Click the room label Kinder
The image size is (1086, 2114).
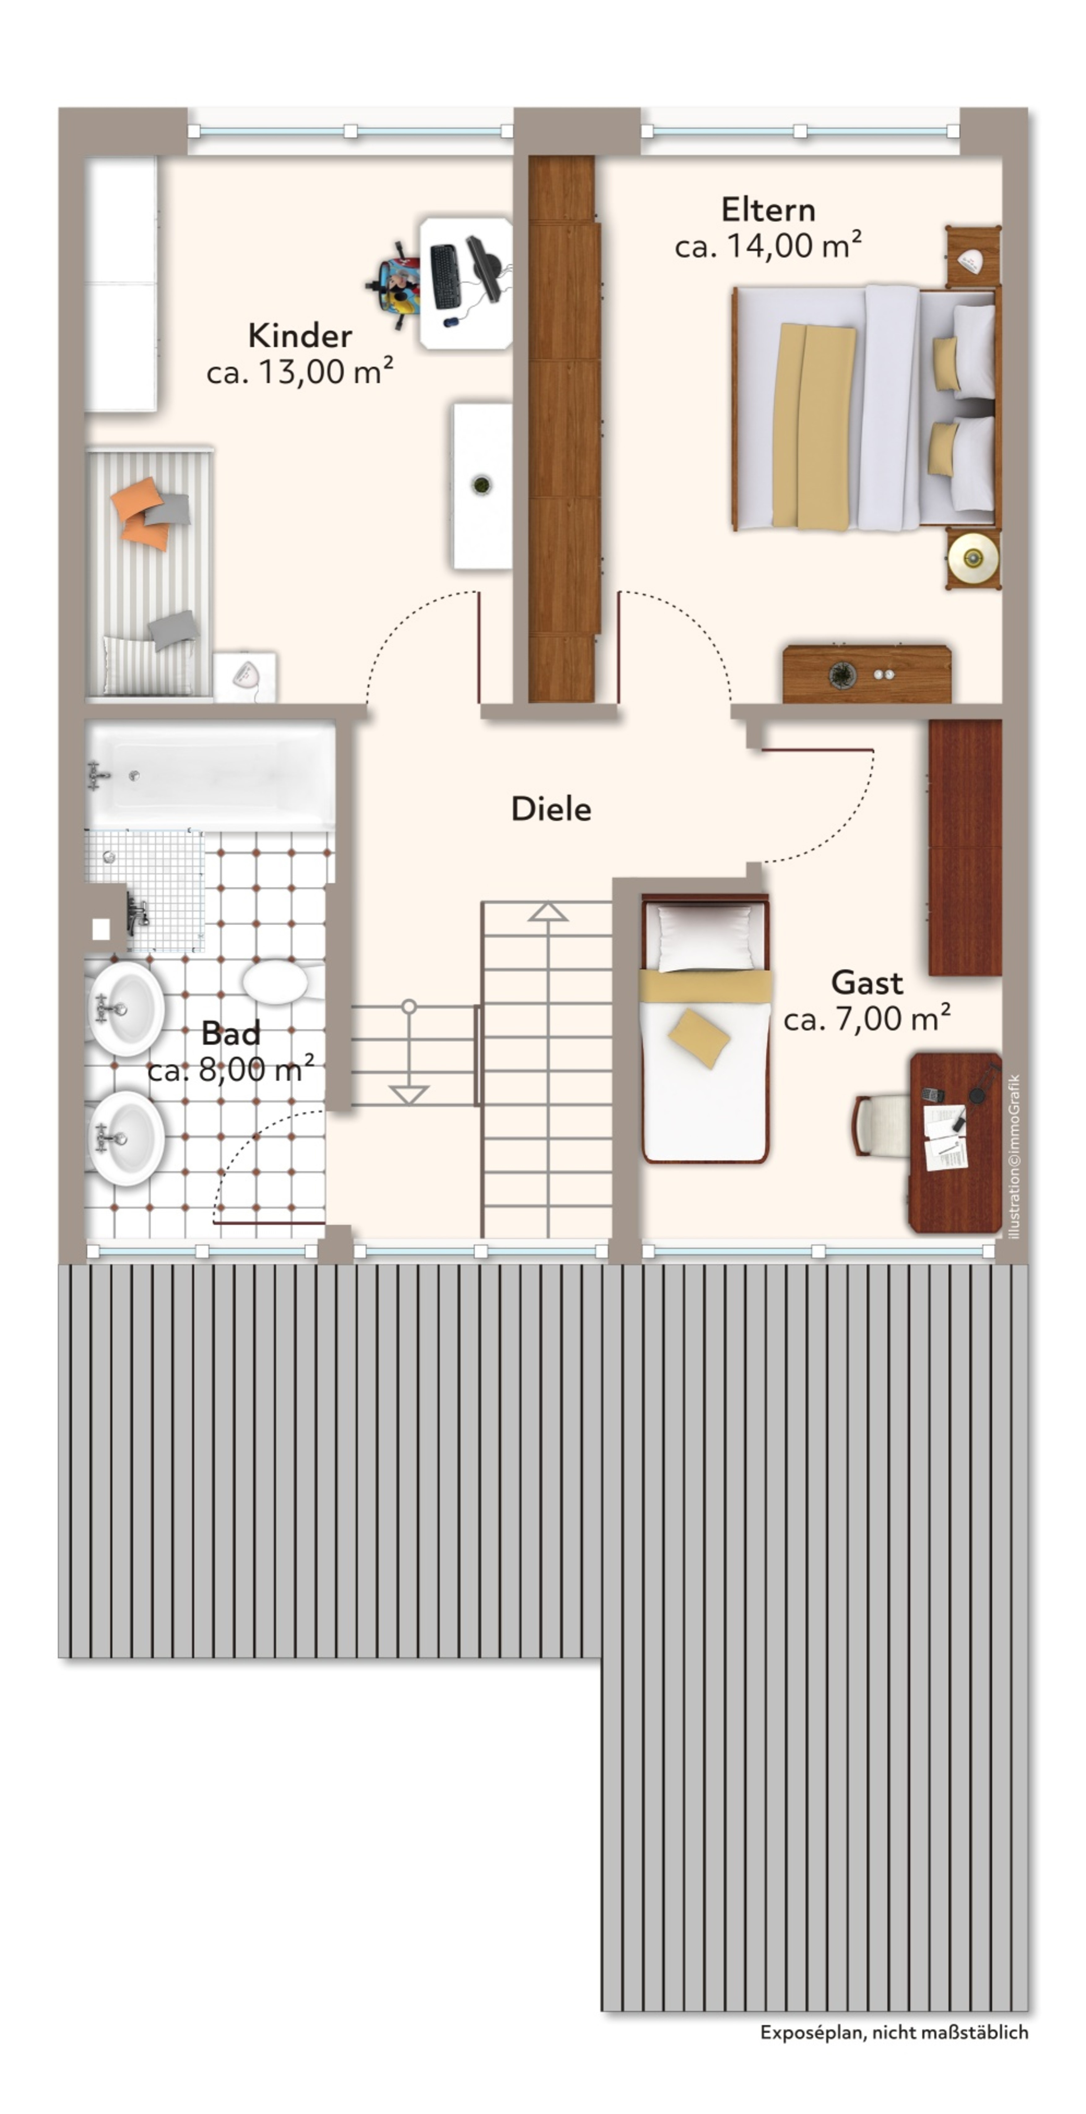(300, 336)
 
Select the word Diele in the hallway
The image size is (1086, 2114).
(551, 809)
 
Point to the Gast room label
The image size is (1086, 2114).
(867, 982)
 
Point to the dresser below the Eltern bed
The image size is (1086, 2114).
(867, 674)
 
